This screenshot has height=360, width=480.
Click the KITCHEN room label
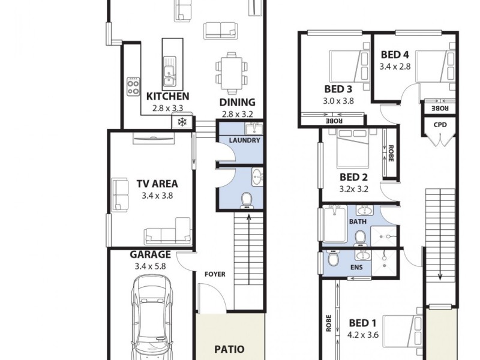point(168,96)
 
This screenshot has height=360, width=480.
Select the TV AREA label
point(157,184)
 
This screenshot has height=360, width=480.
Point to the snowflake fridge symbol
point(181,122)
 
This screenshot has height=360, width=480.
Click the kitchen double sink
point(169,70)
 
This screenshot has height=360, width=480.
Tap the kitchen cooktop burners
point(133,88)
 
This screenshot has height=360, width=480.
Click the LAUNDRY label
point(245,140)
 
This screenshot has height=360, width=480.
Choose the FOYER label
point(215,274)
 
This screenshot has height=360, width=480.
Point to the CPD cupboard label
point(440,125)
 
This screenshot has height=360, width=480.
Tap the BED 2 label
point(353,177)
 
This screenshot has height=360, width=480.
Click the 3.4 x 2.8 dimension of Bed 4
point(395,67)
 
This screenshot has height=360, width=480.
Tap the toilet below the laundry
point(246,200)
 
